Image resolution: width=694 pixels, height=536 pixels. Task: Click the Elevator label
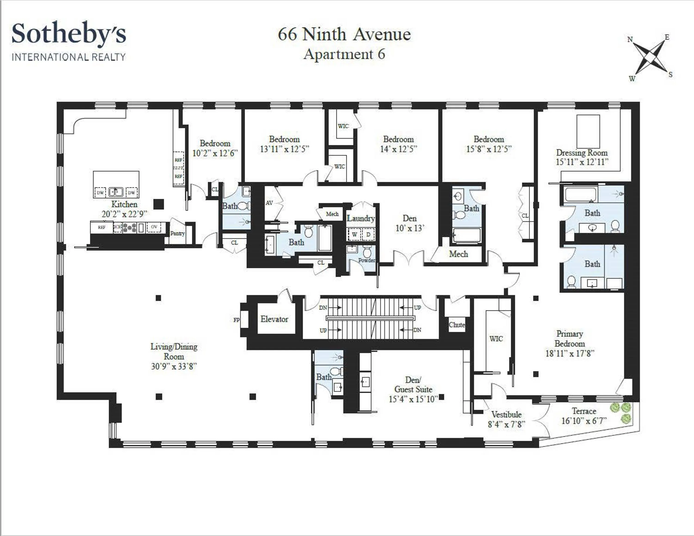[274, 319]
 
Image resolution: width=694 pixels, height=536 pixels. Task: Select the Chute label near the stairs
[457, 325]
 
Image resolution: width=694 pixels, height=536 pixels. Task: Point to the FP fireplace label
[236, 320]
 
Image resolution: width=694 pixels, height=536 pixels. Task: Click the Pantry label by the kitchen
[177, 233]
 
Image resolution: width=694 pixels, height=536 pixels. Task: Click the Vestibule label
[506, 414]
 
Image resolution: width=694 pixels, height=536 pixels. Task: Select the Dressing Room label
[582, 153]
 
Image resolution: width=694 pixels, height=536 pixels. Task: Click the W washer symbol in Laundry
[355, 235]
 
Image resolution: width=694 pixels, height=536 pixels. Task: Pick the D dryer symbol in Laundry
[368, 235]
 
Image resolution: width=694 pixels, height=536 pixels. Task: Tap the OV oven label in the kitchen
[154, 227]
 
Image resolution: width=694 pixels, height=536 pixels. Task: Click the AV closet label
[269, 203]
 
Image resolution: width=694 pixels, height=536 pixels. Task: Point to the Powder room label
[366, 260]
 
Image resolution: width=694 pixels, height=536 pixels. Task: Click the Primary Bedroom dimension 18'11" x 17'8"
[570, 353]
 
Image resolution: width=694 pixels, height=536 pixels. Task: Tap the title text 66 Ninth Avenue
[344, 34]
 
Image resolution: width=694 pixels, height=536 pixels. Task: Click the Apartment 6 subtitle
[344, 54]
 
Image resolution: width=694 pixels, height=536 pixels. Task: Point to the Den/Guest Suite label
[413, 385]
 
